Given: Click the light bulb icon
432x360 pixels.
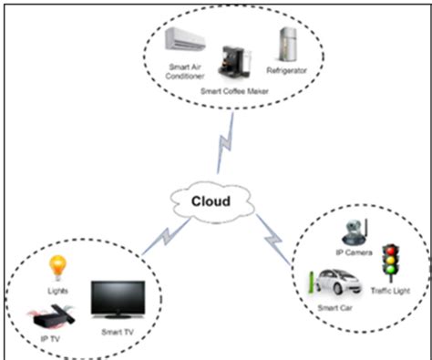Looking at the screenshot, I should click(x=58, y=266).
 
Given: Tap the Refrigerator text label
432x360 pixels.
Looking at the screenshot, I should click(x=289, y=70).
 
